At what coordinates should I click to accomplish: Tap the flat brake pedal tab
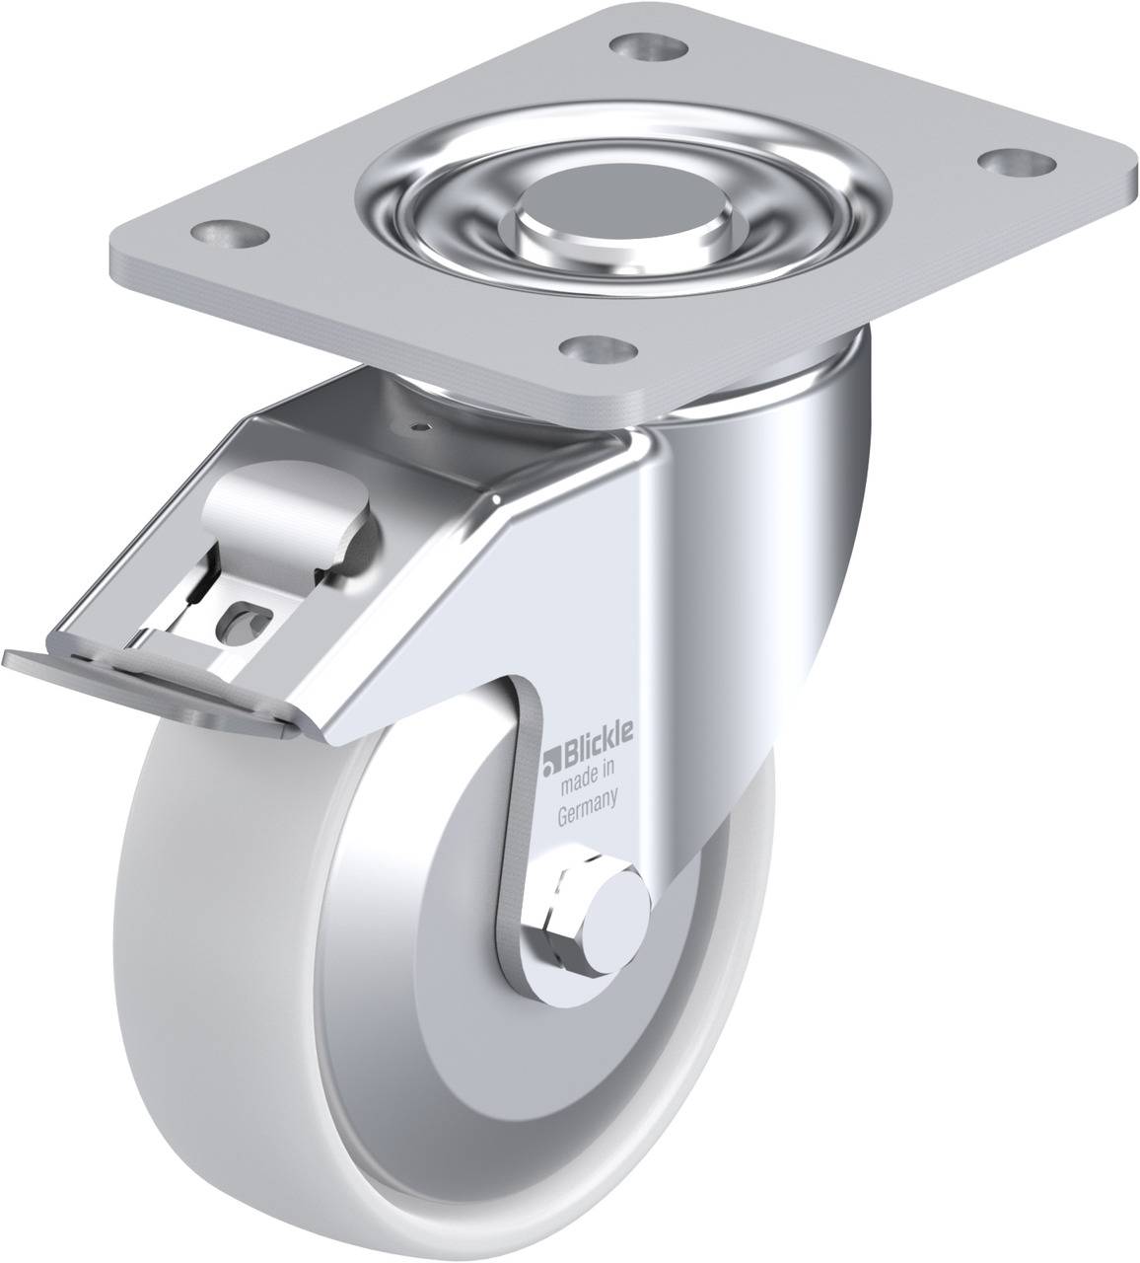[148, 687]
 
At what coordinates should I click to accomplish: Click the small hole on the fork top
[422, 427]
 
